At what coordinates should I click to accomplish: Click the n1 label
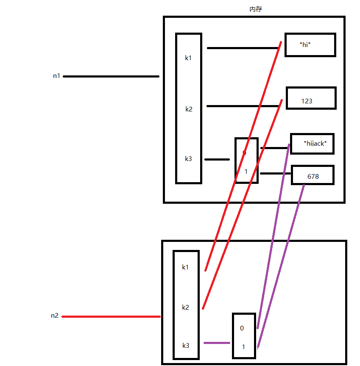(x=56, y=76)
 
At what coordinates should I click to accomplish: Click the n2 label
(x=55, y=316)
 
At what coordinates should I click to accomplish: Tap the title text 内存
(x=256, y=9)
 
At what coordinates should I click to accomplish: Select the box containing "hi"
(x=310, y=44)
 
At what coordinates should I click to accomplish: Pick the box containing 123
(x=311, y=98)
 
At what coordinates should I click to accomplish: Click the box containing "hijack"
(x=312, y=144)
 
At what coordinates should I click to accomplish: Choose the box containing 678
(x=313, y=175)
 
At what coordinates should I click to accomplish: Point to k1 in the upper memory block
(x=188, y=58)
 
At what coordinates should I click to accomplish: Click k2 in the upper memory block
(x=189, y=109)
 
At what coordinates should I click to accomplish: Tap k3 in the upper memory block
(x=188, y=159)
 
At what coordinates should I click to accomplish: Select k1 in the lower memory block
(x=185, y=267)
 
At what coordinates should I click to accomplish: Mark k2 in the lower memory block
(x=185, y=307)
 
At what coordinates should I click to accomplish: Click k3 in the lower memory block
(x=186, y=346)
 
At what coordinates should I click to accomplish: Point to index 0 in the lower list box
(x=242, y=328)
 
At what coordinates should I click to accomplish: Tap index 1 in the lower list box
(x=243, y=347)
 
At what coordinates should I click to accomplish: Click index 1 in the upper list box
(x=246, y=172)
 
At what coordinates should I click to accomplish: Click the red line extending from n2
(x=111, y=316)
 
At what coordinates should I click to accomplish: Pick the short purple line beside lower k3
(x=217, y=343)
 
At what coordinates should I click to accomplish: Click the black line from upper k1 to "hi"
(x=242, y=48)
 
